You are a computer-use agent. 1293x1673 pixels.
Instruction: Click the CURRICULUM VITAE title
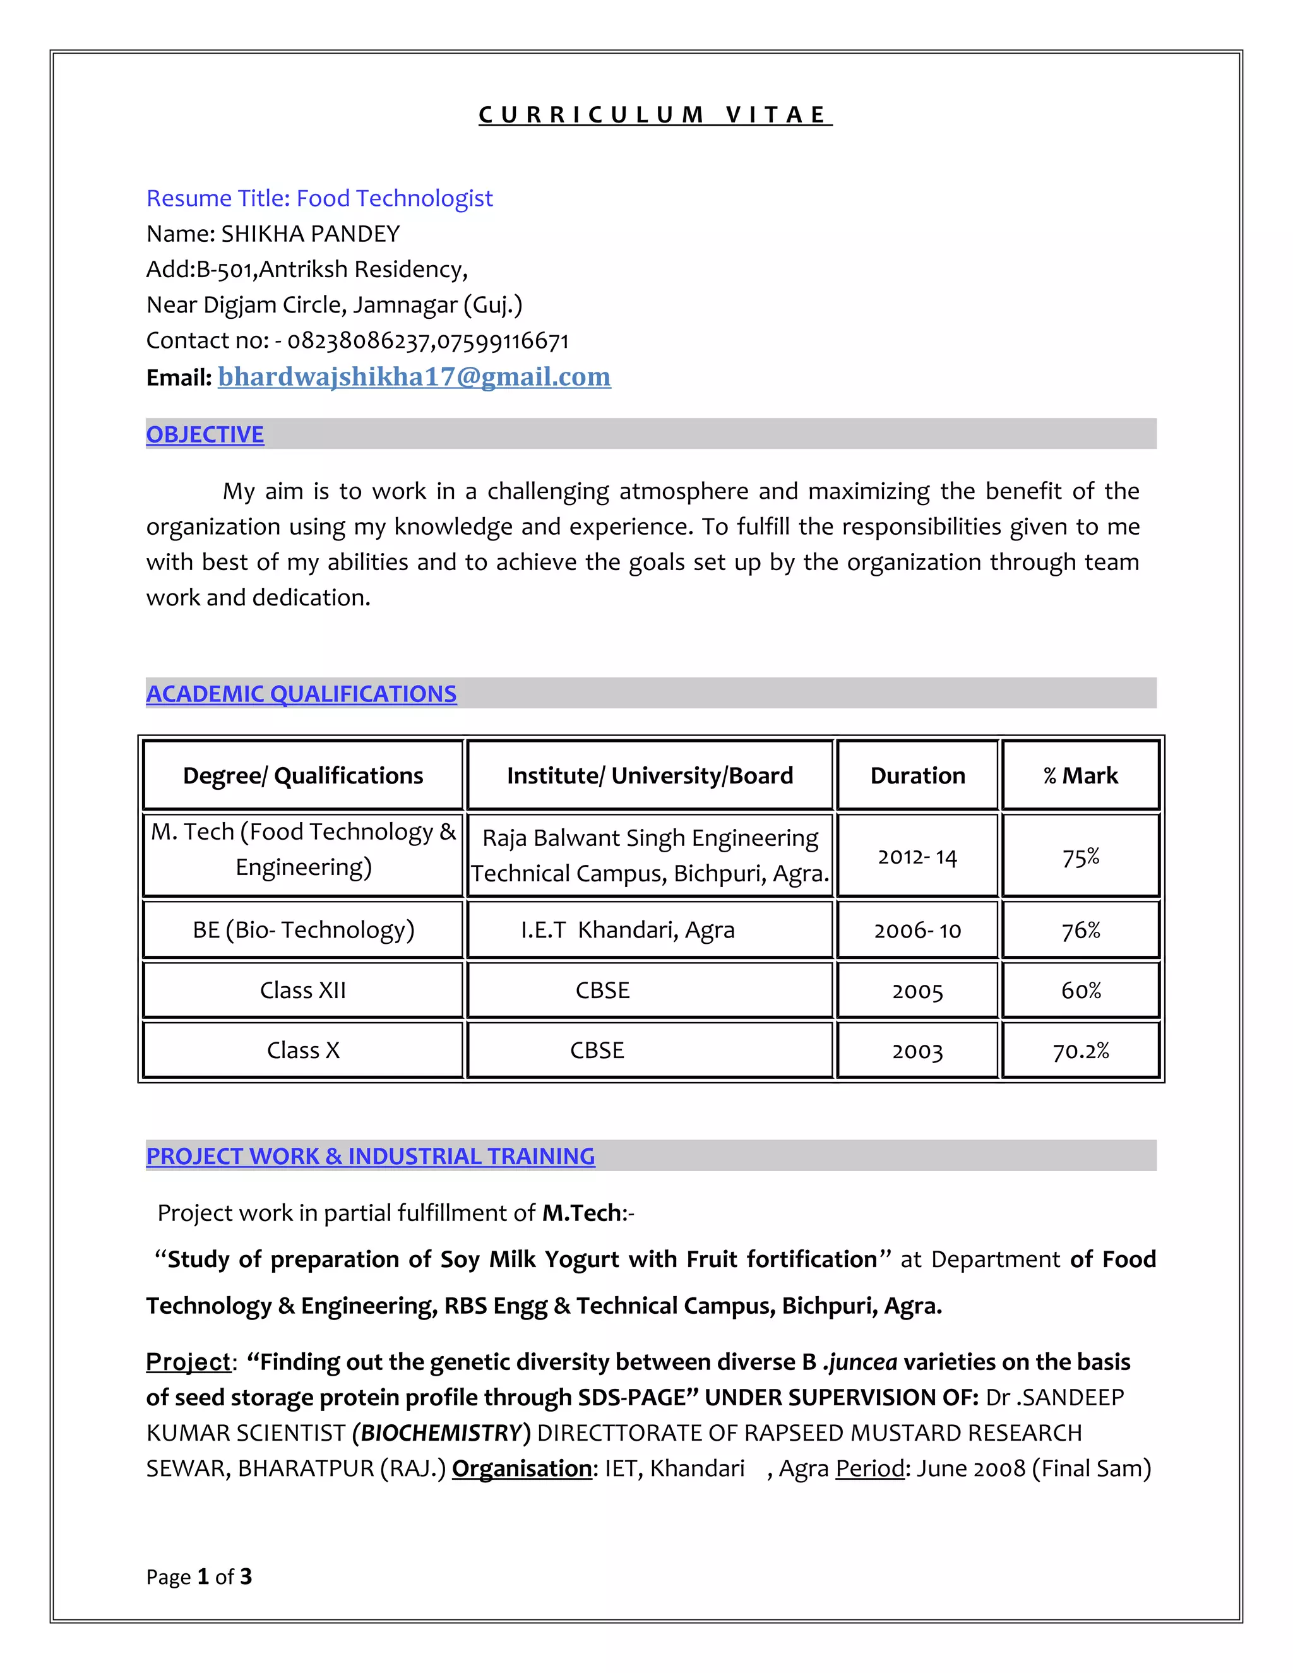[x=654, y=115]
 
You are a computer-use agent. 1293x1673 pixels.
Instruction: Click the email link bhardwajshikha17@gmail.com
[x=414, y=377]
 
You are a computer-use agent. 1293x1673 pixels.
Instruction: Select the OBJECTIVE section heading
[x=205, y=434]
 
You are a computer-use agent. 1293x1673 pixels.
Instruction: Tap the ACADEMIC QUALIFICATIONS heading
[x=301, y=693]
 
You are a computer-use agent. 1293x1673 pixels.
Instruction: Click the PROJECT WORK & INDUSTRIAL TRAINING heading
[x=370, y=1156]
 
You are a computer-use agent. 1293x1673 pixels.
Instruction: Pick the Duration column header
[x=917, y=775]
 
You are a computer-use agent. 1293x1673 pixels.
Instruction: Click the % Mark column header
[x=1080, y=775]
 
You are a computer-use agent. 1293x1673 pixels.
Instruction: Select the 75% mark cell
[x=1080, y=857]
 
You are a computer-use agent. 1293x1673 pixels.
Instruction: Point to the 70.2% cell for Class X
[x=1080, y=1051]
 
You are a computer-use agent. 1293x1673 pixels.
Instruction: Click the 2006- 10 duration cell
[x=917, y=930]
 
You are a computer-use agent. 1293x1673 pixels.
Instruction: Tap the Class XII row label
[x=302, y=990]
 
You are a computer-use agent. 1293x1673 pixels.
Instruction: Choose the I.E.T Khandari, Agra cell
[x=628, y=929]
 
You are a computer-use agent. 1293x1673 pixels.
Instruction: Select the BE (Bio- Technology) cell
[x=302, y=929]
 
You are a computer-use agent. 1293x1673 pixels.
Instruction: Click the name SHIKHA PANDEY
[x=310, y=234]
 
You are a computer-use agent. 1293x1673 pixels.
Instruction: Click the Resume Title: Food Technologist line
[x=319, y=198]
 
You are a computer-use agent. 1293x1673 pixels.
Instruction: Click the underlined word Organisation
[x=521, y=1468]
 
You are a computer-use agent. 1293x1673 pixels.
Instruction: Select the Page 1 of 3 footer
[x=198, y=1576]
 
